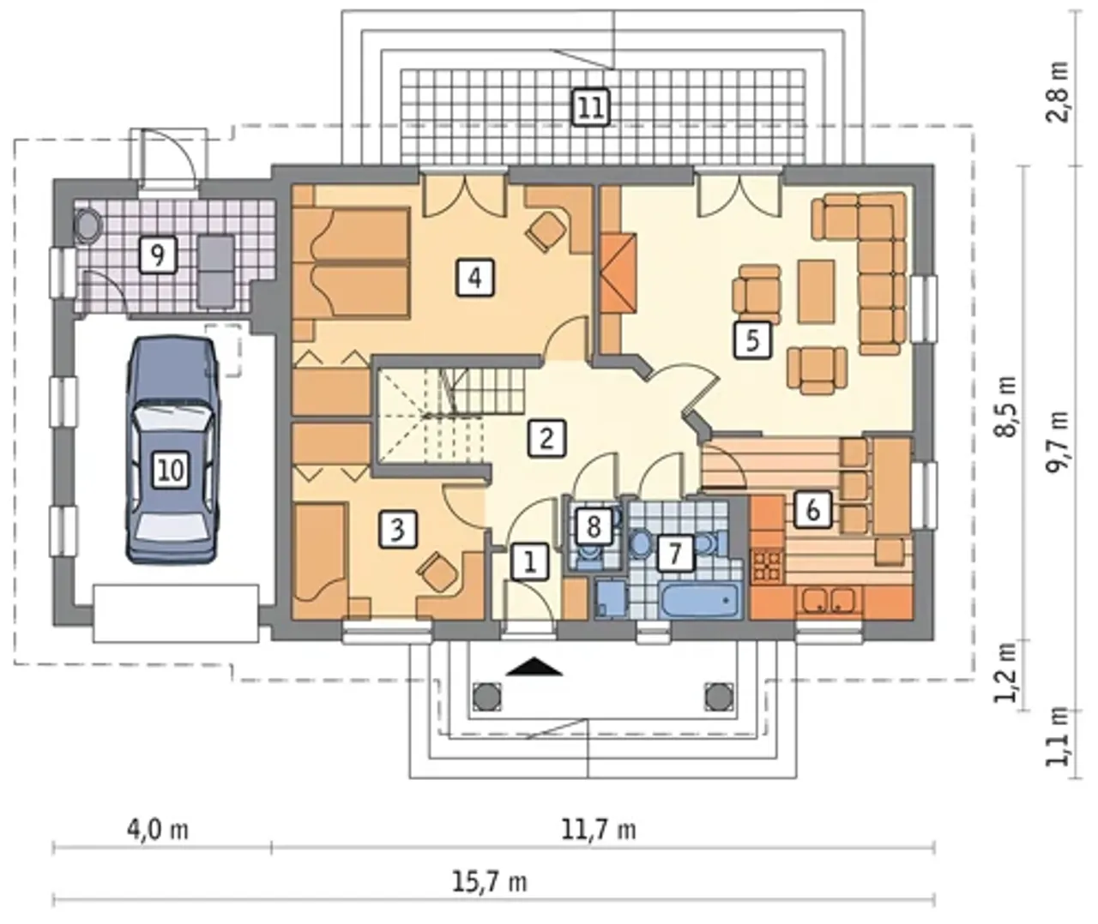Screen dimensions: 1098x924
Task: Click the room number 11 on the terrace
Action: tap(591, 108)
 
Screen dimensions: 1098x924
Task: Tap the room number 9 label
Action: tap(158, 255)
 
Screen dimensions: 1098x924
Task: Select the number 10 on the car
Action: tap(172, 470)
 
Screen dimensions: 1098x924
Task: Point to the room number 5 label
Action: tap(752, 340)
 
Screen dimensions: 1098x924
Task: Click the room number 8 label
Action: tap(594, 526)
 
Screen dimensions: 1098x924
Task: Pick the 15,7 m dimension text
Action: tap(490, 883)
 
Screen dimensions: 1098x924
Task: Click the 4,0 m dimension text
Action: tap(157, 830)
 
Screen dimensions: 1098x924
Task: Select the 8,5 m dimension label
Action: tap(1005, 405)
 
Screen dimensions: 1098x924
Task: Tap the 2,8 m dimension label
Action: tap(1057, 92)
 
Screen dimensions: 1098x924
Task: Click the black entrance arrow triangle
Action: tap(534, 667)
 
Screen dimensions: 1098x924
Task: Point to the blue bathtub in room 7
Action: tap(699, 600)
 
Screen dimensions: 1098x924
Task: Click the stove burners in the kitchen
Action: tap(767, 567)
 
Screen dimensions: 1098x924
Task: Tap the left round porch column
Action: tap(487, 697)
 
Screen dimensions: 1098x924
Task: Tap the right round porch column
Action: tap(718, 697)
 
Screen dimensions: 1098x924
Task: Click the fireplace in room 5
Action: tap(618, 273)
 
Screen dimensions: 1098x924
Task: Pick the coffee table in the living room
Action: tap(816, 291)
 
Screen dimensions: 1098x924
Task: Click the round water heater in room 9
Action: tap(87, 225)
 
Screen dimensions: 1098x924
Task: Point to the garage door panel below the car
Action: tap(176, 614)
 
